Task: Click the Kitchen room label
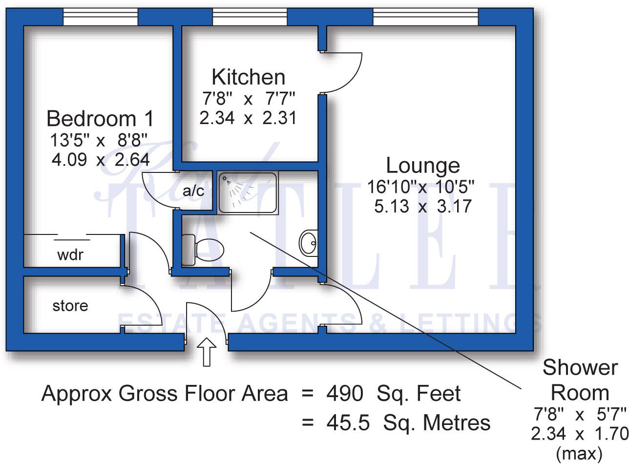(x=248, y=77)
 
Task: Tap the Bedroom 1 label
(x=100, y=119)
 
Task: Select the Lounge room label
(x=423, y=166)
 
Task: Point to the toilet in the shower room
(x=202, y=249)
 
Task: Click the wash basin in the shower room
(x=308, y=243)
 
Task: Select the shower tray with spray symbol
(x=248, y=192)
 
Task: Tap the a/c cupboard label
(x=194, y=191)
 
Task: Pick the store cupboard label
(x=70, y=306)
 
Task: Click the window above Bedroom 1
(x=101, y=18)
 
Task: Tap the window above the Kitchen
(x=250, y=18)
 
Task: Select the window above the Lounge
(x=425, y=18)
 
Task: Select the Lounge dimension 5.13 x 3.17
(x=423, y=206)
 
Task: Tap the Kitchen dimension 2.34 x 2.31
(x=248, y=118)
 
